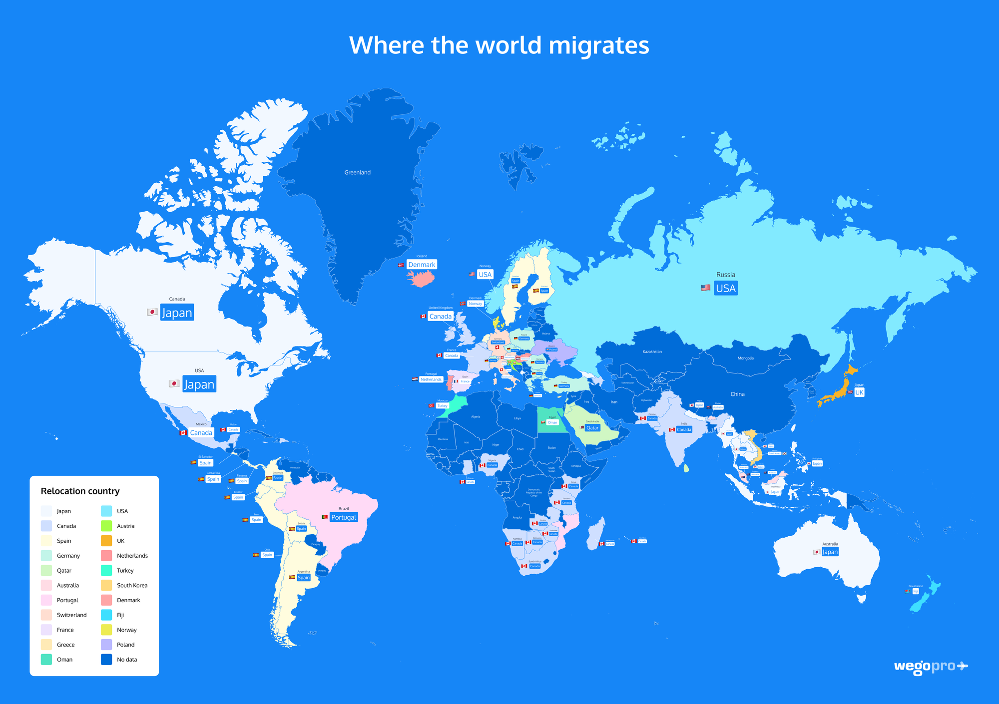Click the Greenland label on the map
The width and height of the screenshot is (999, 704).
[357, 173]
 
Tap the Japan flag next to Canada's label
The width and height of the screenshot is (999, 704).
[152, 312]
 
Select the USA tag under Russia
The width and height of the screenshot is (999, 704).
[725, 288]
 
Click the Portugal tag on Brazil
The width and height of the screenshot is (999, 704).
[344, 517]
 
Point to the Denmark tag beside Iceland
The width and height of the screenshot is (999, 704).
[422, 265]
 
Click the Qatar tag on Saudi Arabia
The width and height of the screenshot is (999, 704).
[592, 428]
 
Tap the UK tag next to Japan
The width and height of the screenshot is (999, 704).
[859, 392]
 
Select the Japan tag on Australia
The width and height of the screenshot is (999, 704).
[830, 552]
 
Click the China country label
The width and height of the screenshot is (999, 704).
[737, 394]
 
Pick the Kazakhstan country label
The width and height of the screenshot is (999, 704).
[652, 352]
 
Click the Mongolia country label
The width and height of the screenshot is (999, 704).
[745, 358]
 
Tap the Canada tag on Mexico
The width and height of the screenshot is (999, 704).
[201, 433]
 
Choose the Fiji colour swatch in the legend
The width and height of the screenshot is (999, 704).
[106, 615]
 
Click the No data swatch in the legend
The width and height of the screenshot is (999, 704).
[106, 660]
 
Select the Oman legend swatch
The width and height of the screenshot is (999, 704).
[46, 660]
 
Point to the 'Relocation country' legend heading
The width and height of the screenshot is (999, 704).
[80, 491]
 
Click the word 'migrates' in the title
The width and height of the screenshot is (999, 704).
[599, 46]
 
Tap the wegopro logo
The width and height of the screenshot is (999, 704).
[931, 667]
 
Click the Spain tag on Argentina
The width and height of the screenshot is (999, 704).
[303, 578]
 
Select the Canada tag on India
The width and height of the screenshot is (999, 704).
[684, 429]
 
